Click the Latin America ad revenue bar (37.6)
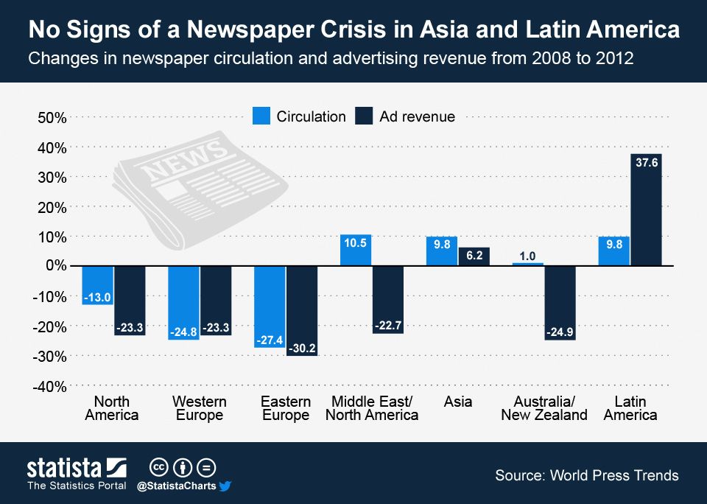click(x=647, y=209)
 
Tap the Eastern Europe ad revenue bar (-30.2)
click(x=302, y=310)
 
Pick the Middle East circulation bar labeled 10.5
click(x=356, y=250)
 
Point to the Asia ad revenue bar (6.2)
click(x=474, y=256)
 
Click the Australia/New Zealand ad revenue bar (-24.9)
click(x=560, y=302)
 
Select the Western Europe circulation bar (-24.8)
click(x=183, y=303)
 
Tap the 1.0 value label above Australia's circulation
click(x=527, y=256)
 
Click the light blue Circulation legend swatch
click(x=261, y=116)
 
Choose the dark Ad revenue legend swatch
click(x=364, y=116)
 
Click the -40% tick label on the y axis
click(x=49, y=387)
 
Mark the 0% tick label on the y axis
click(x=54, y=266)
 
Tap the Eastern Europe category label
click(x=286, y=408)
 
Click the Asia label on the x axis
click(x=458, y=402)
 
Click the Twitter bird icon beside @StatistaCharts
click(x=225, y=486)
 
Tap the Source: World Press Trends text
click(x=586, y=475)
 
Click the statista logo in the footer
click(x=77, y=468)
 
